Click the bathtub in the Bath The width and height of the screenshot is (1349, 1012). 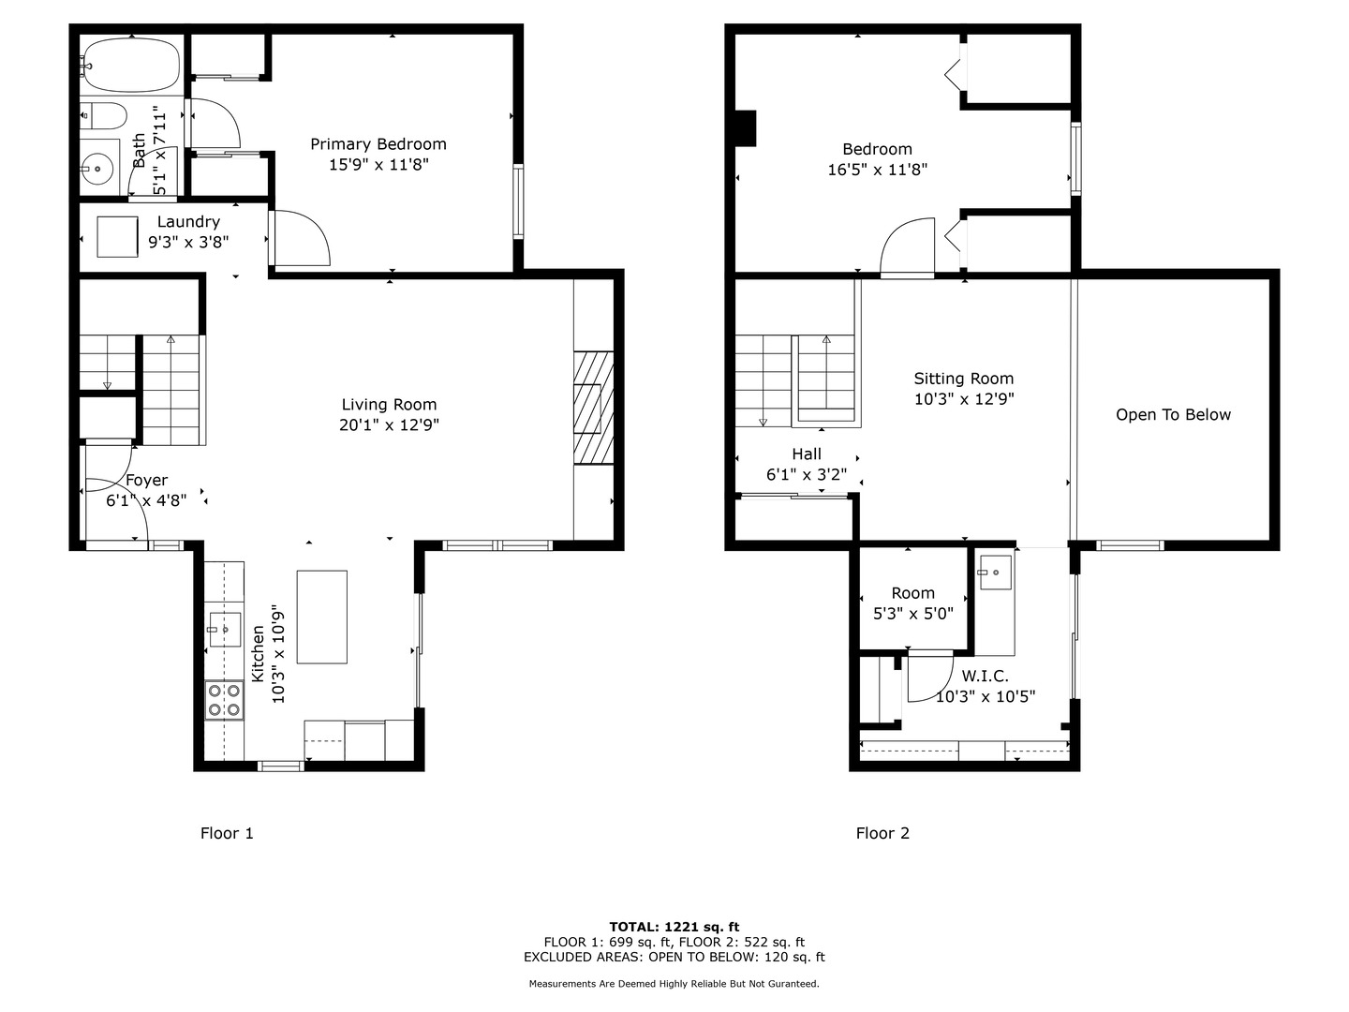pos(130,64)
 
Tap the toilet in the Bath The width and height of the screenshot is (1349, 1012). pos(105,116)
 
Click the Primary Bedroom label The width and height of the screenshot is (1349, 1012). pos(378,144)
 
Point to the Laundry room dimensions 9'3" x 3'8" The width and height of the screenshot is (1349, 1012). pos(188,242)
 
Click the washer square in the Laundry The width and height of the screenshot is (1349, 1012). pos(118,236)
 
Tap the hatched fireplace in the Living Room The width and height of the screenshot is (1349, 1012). pos(593,408)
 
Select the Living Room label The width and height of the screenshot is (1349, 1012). pos(389,405)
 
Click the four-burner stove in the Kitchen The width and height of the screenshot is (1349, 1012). pos(224,700)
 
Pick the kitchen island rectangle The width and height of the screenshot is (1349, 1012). pos(322,617)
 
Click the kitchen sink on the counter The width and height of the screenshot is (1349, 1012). pos(224,629)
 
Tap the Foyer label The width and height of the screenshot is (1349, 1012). pos(147,481)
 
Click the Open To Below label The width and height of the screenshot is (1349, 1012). pos(1173,415)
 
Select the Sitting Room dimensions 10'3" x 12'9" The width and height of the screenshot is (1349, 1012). pos(964,399)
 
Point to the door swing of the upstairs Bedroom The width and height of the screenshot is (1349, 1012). pos(908,247)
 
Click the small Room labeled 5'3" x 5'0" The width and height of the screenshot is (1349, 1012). pos(913,603)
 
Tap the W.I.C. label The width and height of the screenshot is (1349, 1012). pos(985,677)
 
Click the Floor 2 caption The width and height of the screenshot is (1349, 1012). pos(882,833)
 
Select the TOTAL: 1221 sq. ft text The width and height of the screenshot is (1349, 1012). pos(674,927)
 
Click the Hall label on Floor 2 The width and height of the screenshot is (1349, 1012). pos(807,454)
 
